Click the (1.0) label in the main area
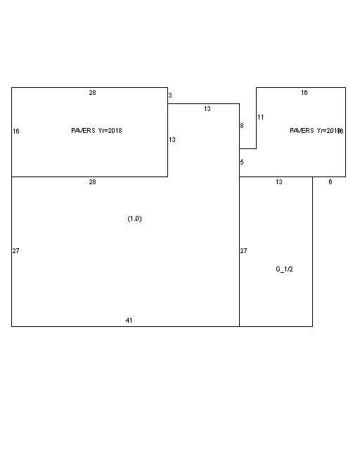point(134,219)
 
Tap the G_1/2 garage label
point(284,269)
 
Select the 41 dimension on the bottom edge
point(129,321)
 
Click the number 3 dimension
point(170,95)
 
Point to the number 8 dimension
point(242,126)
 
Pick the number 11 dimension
point(260,117)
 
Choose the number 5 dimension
point(242,162)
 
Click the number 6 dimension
point(330,182)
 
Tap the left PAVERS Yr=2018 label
point(96,131)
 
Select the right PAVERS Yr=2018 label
point(315,131)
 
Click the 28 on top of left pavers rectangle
point(92,93)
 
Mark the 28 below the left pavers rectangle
point(92,182)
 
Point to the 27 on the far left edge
point(15,251)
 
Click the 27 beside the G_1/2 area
point(244,251)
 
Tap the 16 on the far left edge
point(15,131)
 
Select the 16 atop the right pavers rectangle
point(304,93)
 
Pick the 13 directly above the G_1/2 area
point(279,182)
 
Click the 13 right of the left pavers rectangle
point(172,140)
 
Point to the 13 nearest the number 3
point(207,109)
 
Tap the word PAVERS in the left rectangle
point(84,131)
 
